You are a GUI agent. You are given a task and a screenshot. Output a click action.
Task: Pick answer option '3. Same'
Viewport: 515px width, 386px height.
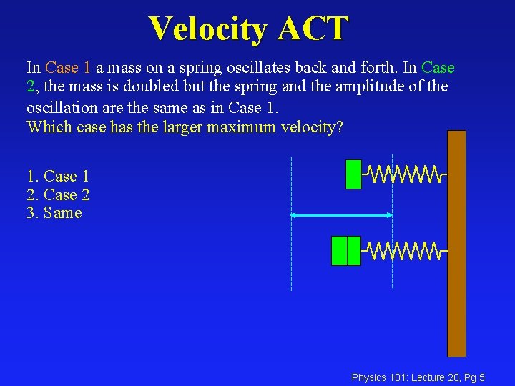(54, 213)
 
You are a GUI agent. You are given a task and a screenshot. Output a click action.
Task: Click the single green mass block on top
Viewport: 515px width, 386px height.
(353, 174)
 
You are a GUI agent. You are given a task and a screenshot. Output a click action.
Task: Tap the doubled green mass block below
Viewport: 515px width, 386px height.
(346, 250)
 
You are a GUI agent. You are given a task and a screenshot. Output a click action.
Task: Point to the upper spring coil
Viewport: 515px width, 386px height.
(404, 174)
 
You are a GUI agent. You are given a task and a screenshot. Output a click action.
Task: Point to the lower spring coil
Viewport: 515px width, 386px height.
(404, 250)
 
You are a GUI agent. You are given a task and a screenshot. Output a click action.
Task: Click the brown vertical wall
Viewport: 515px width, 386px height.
(456, 243)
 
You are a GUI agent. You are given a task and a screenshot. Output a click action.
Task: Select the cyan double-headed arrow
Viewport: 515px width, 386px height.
(341, 214)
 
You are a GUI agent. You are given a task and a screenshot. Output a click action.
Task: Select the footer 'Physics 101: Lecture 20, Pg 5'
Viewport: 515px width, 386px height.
(418, 377)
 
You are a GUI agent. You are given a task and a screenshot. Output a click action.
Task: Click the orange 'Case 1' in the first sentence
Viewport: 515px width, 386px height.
(68, 68)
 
